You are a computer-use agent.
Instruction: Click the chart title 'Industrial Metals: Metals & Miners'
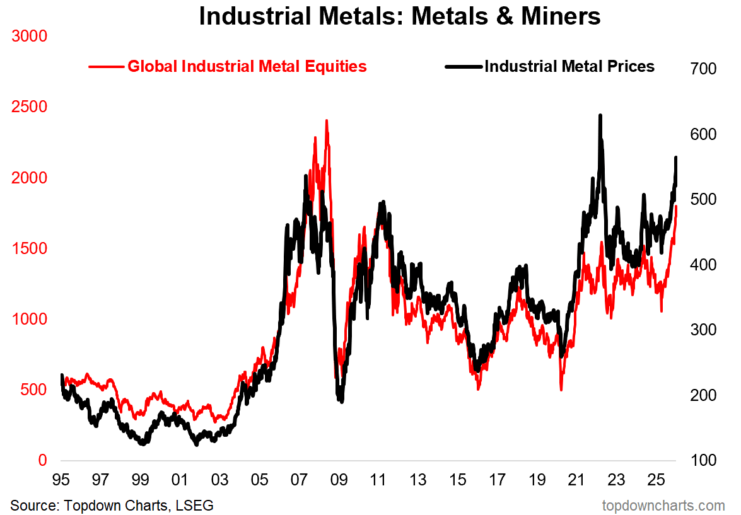coord(400,16)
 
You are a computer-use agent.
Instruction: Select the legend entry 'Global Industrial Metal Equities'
coord(247,66)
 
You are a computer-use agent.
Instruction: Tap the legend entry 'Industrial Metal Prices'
coord(569,66)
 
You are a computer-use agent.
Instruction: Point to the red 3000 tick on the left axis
coord(29,36)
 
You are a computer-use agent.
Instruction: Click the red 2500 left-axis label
coord(29,107)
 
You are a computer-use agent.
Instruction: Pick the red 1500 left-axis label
coord(29,248)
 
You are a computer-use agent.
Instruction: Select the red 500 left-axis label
coord(33,390)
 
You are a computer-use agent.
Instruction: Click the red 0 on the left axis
coord(43,460)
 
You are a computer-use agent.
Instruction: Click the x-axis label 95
coord(61,481)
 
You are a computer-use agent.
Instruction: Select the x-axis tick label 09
coord(339,481)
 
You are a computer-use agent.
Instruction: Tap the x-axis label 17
coord(497,481)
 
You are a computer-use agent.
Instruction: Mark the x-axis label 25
coord(656,481)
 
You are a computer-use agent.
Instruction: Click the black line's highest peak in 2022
coord(600,116)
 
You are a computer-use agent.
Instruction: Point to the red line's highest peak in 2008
coord(326,121)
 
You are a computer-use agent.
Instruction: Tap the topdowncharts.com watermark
coord(663,506)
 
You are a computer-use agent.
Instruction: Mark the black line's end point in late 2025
coord(676,158)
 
